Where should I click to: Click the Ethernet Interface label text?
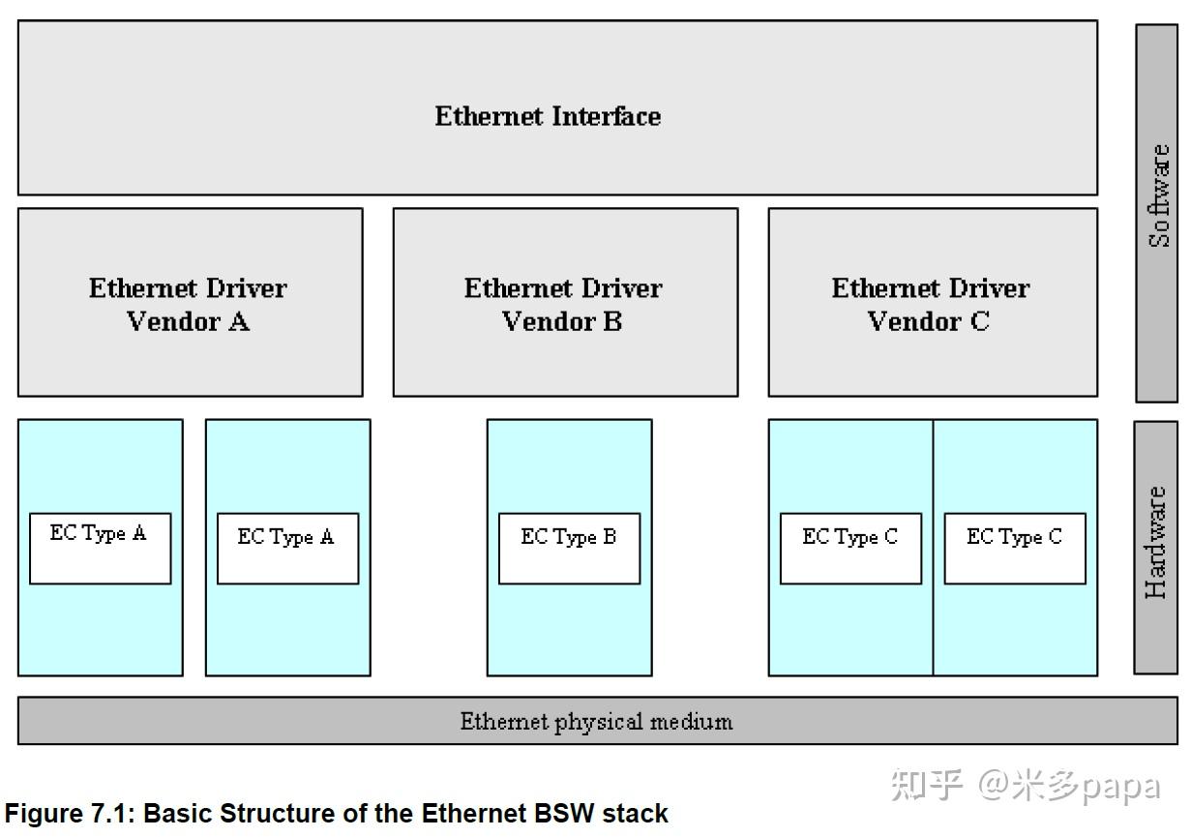coord(548,116)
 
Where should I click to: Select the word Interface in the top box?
coord(607,116)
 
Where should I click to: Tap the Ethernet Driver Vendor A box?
coord(190,303)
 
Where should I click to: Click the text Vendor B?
coord(562,321)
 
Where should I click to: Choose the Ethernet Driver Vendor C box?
coord(932,303)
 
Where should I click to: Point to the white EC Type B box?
coord(569,548)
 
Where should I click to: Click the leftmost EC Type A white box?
coord(100,548)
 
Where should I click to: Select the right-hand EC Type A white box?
coord(287,548)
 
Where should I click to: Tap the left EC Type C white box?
coord(850,548)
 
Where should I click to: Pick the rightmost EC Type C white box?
coord(1014,548)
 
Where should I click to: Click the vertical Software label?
coord(1158,195)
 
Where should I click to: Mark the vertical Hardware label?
coord(1156,543)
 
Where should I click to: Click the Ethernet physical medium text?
coord(596,721)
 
